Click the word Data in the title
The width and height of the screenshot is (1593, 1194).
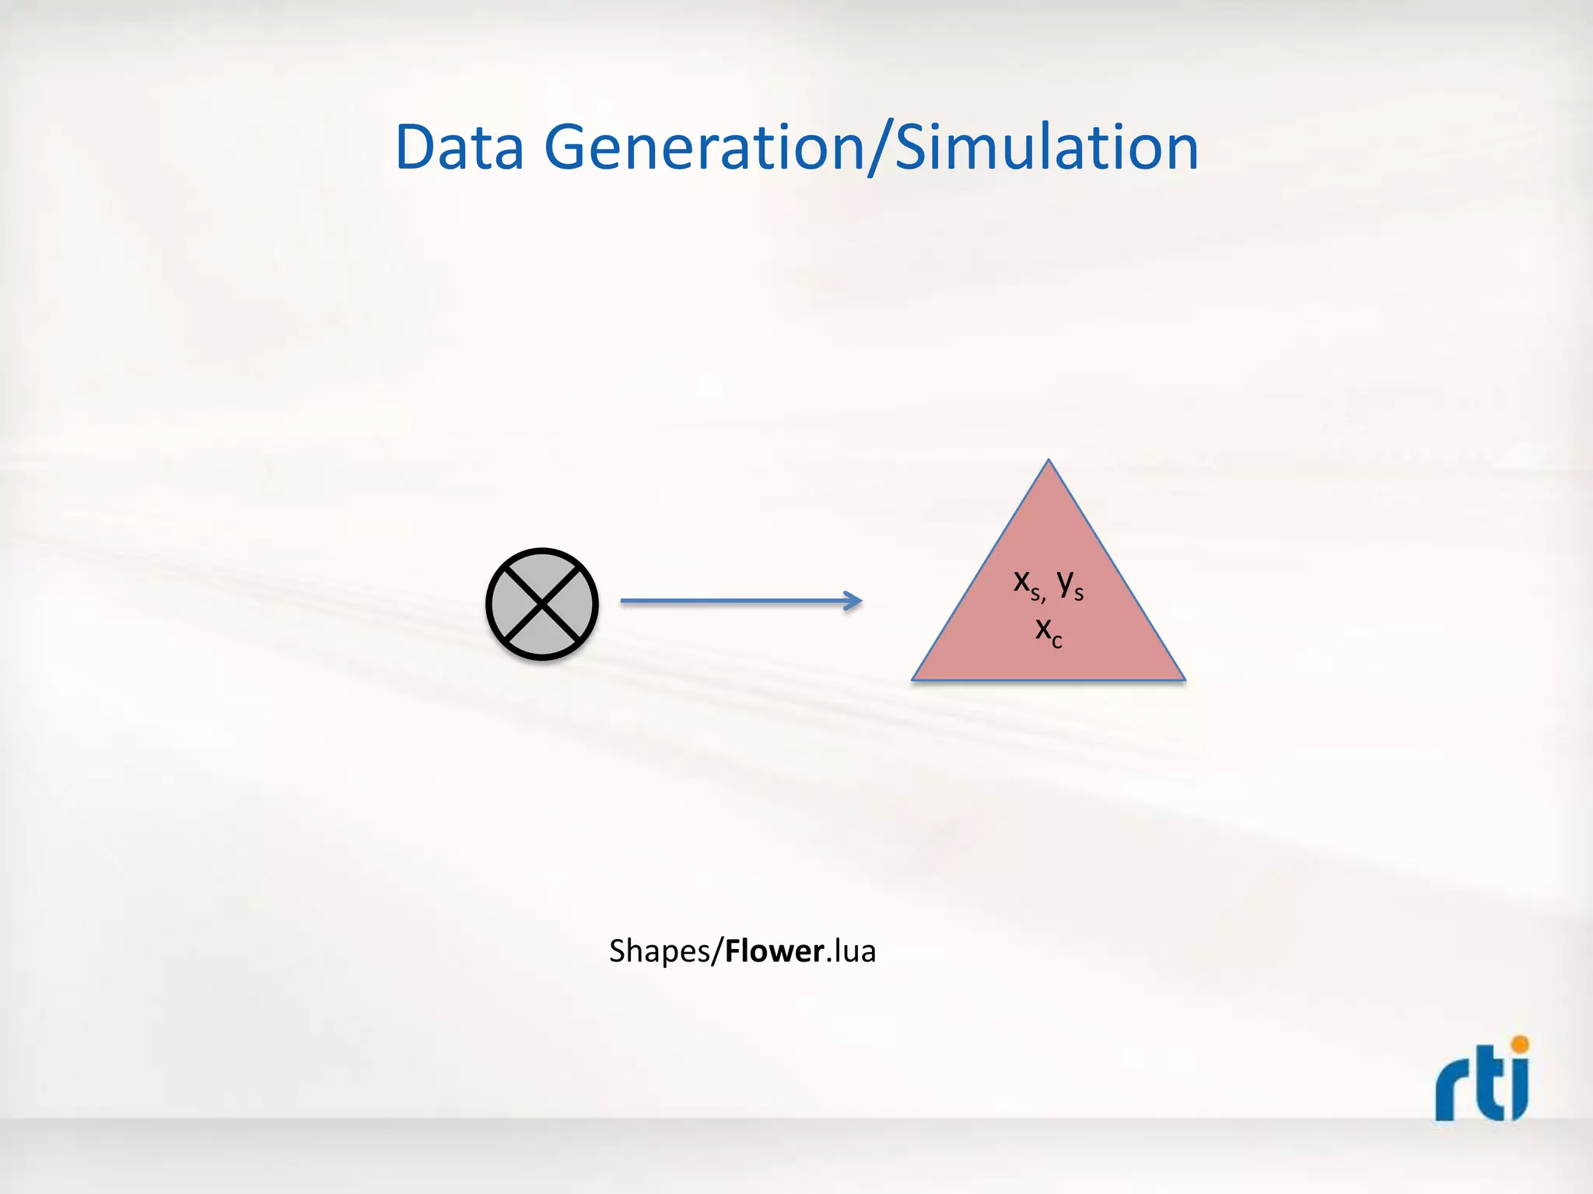coord(460,147)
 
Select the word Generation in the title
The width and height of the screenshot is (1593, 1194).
coord(704,147)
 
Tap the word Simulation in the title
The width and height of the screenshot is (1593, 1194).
coord(1047,147)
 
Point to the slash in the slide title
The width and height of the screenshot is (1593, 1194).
coord(879,148)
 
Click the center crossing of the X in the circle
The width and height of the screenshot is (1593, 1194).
coord(542,604)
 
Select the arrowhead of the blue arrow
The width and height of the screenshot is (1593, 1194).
coord(853,601)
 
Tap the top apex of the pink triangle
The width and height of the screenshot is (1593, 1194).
coord(1049,462)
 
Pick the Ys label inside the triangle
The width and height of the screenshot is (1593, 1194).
coord(1070,584)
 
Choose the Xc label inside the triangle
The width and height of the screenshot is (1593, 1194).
coord(1049,630)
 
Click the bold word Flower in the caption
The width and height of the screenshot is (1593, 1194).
coord(775,951)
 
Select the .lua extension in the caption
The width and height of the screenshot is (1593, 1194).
coord(851,951)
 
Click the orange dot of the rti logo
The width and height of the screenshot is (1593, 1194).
coord(1520,1044)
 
